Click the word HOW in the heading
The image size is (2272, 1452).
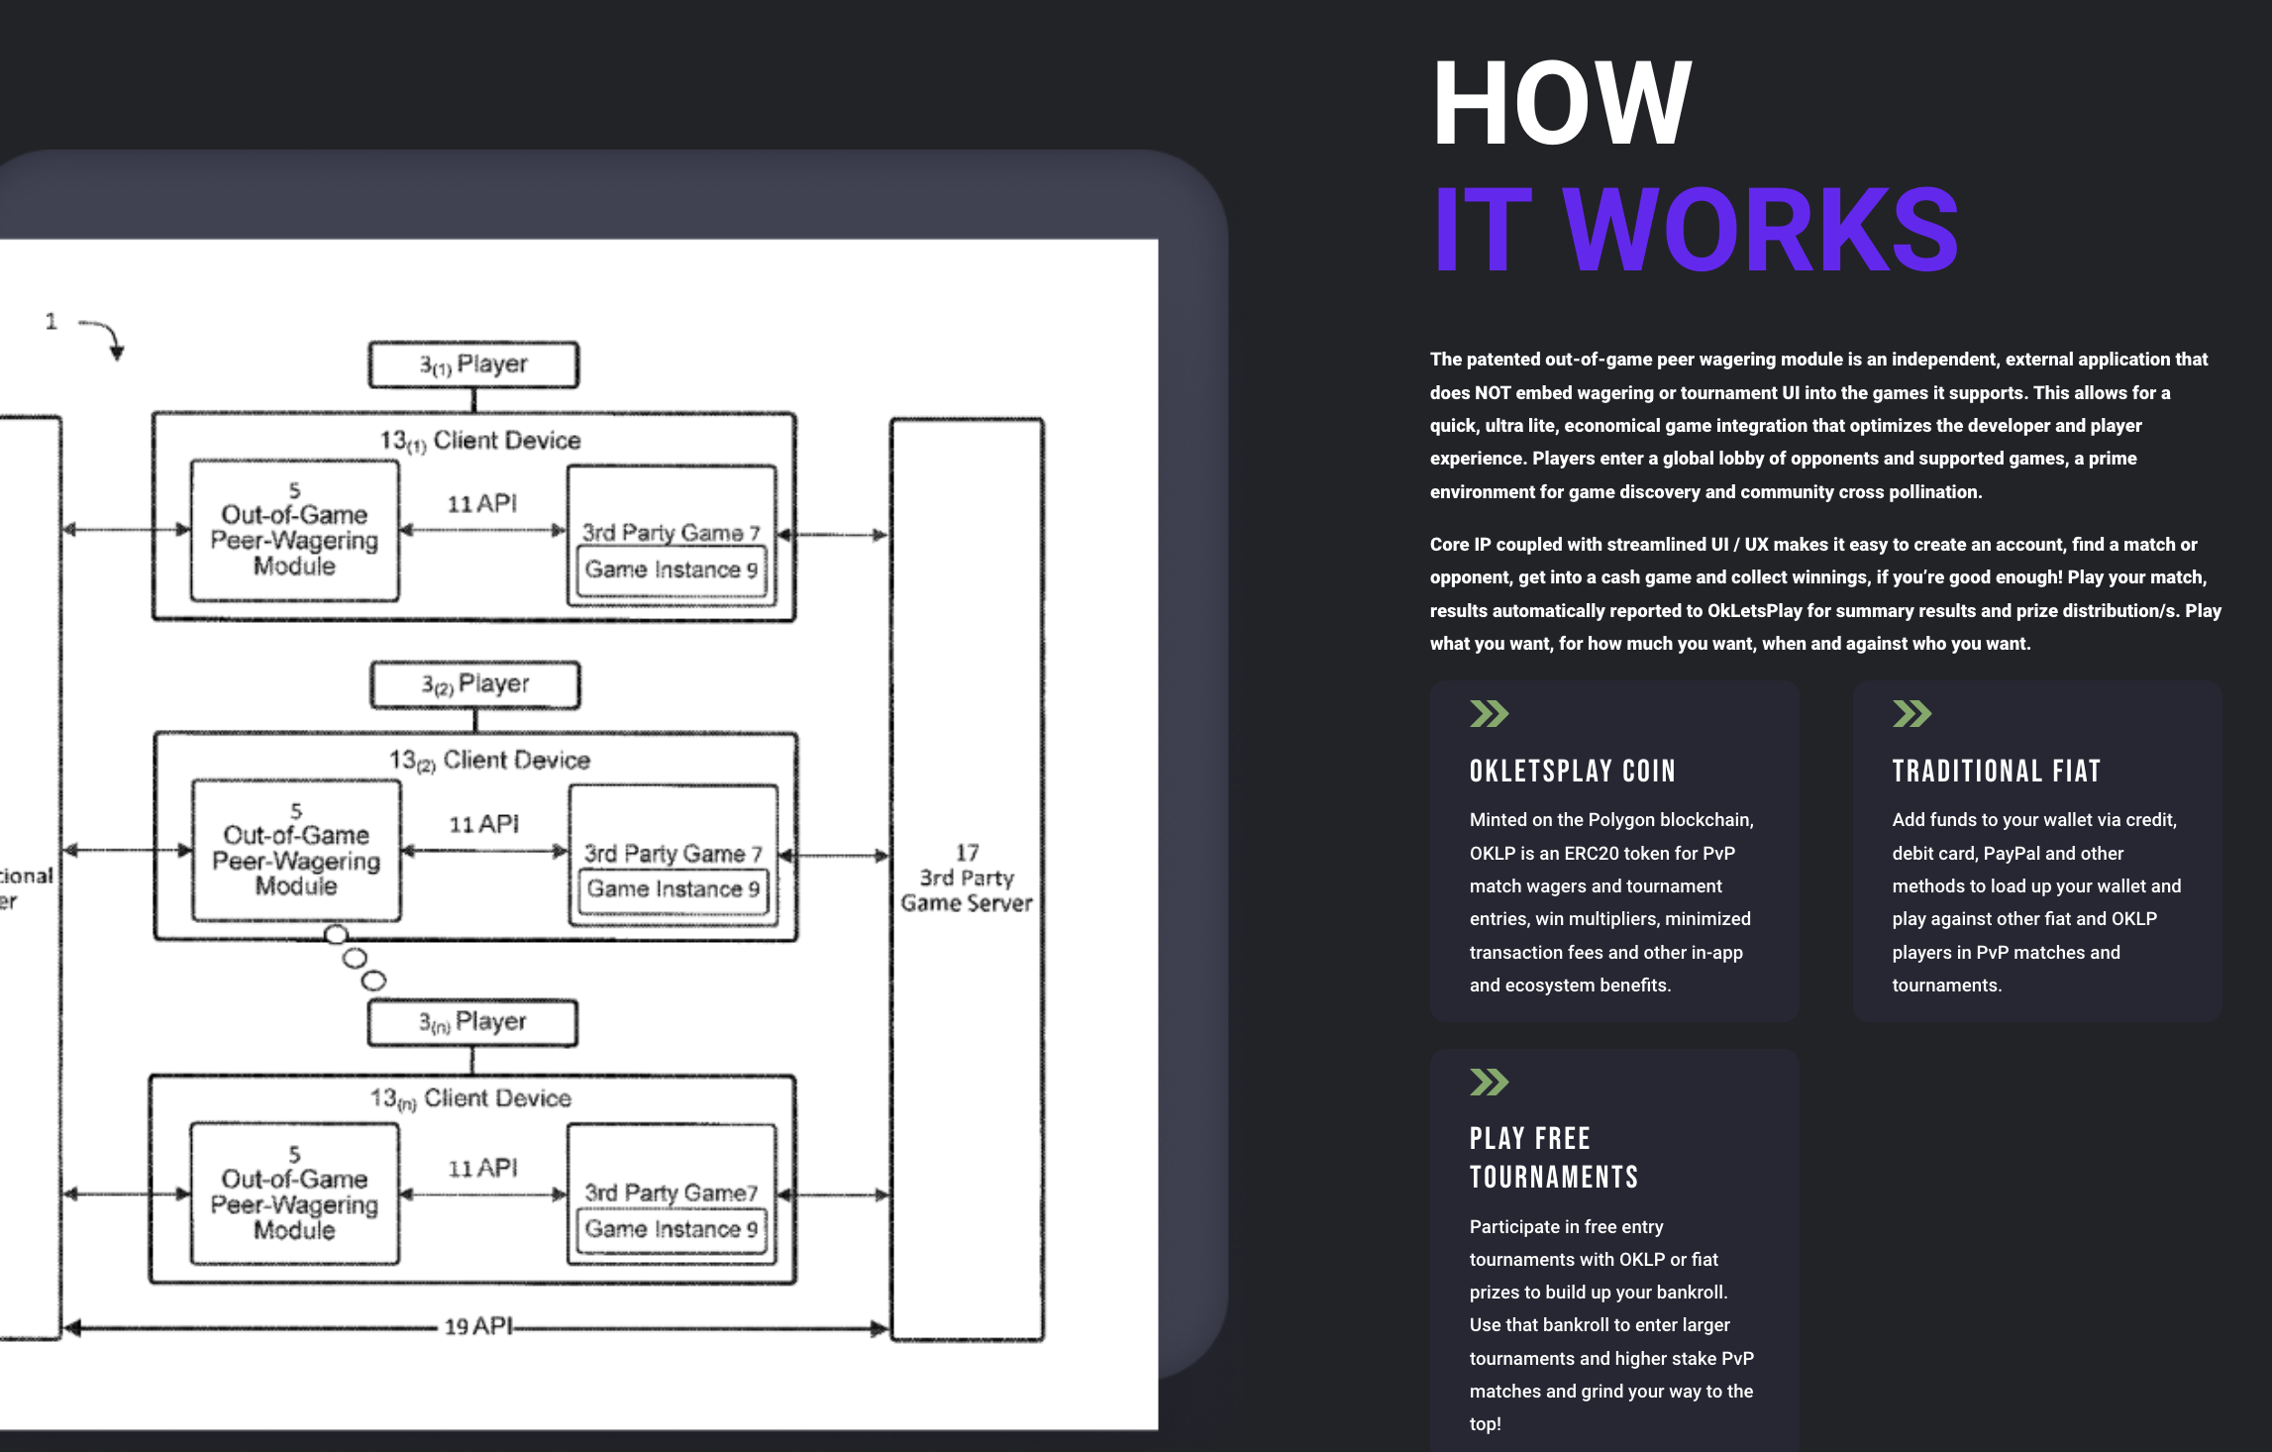click(x=1562, y=103)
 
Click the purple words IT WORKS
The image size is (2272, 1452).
click(x=1695, y=230)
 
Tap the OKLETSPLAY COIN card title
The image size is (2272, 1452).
click(x=1572, y=771)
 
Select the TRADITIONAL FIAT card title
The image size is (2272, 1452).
click(x=1996, y=771)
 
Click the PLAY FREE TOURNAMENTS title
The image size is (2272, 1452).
click(x=1553, y=1157)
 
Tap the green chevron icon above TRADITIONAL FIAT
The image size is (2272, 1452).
click(x=1911, y=713)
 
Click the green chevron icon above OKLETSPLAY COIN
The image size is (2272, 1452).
click(x=1489, y=713)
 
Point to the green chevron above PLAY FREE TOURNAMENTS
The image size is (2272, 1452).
click(x=1489, y=1082)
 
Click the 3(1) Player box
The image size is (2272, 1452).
click(x=473, y=364)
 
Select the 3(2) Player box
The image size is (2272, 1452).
click(x=475, y=684)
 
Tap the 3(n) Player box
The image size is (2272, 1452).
click(x=472, y=1022)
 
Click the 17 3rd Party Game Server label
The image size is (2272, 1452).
click(x=967, y=878)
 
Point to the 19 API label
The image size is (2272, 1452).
click(x=478, y=1326)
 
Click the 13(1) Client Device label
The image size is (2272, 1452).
click(x=481, y=440)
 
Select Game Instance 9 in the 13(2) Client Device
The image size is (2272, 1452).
click(x=672, y=889)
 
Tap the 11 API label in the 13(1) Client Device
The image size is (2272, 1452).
click(x=482, y=504)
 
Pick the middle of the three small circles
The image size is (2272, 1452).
click(x=355, y=958)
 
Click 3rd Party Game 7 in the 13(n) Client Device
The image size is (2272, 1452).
click(x=671, y=1193)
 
